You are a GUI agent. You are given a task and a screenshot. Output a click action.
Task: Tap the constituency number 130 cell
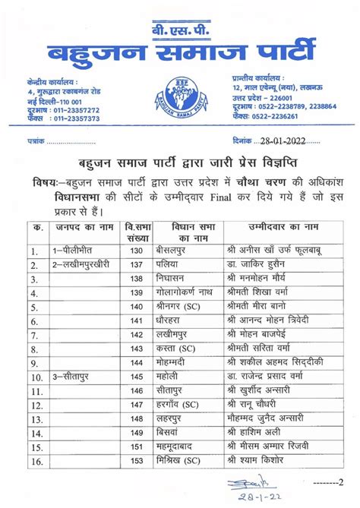[137, 250]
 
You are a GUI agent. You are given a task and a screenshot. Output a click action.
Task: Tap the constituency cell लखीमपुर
[185, 333]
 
